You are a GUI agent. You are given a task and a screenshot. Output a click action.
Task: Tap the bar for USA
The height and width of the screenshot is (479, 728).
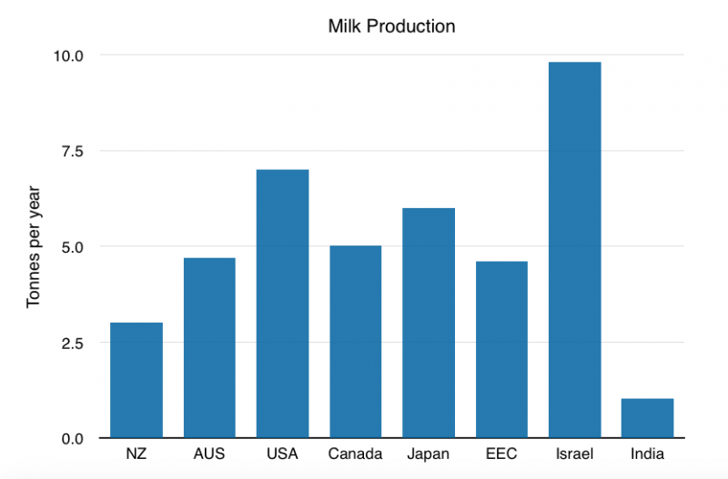tap(282, 304)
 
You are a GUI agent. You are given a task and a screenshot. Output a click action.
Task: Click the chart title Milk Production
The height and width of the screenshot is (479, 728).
tap(391, 26)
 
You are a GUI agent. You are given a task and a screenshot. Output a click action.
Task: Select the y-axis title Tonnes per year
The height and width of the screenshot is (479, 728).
tap(34, 246)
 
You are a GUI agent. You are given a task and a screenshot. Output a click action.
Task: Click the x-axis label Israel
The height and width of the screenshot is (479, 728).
tap(573, 454)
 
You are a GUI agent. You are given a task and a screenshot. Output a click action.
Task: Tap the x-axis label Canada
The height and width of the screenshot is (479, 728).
tap(355, 454)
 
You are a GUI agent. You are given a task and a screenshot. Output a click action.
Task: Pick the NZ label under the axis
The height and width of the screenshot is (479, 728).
tap(136, 454)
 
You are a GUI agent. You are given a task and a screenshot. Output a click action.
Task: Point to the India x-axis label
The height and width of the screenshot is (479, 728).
tap(647, 454)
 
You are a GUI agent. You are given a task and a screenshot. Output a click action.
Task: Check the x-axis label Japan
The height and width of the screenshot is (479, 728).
tap(428, 454)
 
